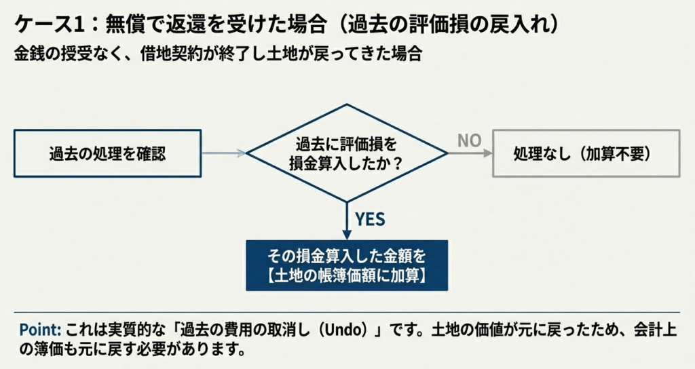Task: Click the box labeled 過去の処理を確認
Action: [x=107, y=153]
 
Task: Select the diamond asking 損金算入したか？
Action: [x=347, y=153]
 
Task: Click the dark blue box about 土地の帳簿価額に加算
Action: [x=347, y=265]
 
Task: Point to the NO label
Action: [x=469, y=140]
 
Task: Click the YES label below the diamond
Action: [x=370, y=219]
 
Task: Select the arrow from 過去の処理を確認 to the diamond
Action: [x=223, y=153]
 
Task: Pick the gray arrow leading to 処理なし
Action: [x=470, y=153]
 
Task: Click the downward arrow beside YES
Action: [x=347, y=220]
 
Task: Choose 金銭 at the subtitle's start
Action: [x=29, y=54]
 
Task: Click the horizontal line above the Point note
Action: [x=347, y=313]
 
